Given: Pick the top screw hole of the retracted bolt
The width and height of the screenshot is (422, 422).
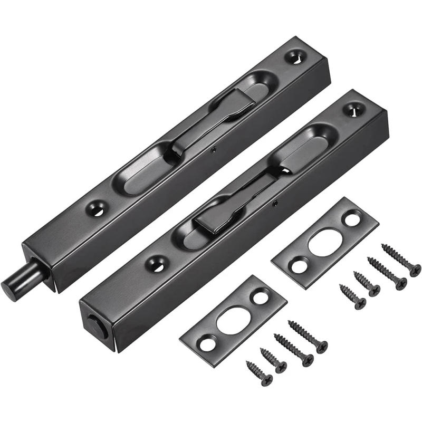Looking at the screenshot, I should coord(351,109).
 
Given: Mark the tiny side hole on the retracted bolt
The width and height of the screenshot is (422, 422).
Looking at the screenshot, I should coord(274,202).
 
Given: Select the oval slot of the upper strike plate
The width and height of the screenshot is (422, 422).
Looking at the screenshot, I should coord(322,242).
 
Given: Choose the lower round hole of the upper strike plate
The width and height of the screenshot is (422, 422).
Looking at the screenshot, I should coord(298,266).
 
